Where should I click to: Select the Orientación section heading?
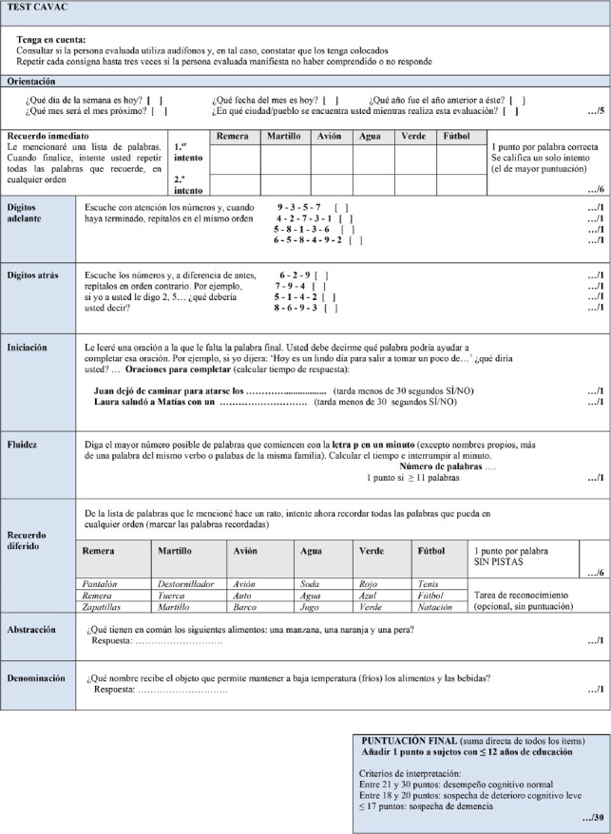(x=31, y=82)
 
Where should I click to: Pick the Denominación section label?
(x=37, y=678)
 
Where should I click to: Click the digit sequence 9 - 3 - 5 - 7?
(x=298, y=206)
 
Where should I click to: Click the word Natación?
(x=436, y=605)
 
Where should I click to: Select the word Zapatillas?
(x=105, y=605)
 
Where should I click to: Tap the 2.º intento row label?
(x=187, y=182)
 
